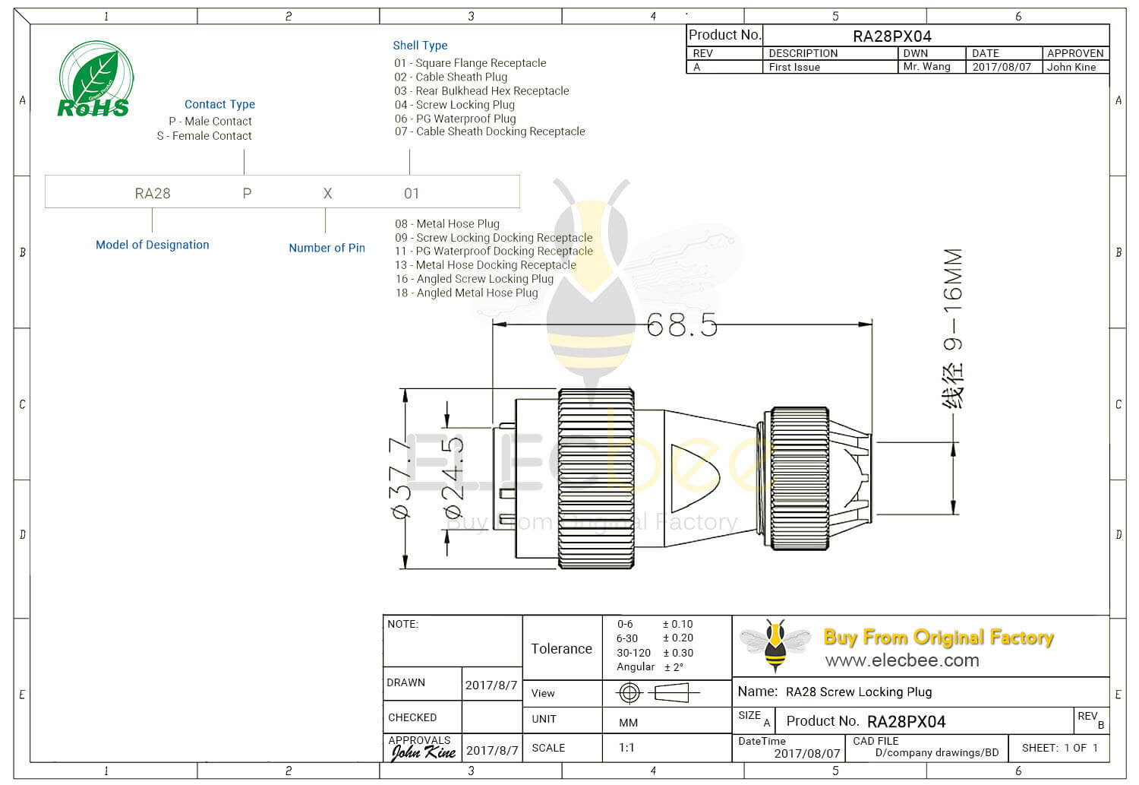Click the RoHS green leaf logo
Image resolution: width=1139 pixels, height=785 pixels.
click(95, 80)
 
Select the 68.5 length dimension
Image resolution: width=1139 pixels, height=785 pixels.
click(682, 325)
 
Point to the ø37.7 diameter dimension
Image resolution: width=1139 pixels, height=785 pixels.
click(401, 479)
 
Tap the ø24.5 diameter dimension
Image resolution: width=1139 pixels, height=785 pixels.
click(453, 479)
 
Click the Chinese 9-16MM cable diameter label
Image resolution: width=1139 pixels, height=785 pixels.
click(953, 328)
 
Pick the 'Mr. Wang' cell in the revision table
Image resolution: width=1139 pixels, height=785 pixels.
click(926, 67)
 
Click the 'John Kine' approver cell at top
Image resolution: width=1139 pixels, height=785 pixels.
click(1071, 67)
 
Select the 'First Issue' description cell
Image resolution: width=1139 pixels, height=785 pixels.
click(794, 67)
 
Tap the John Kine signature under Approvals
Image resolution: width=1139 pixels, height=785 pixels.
click(423, 752)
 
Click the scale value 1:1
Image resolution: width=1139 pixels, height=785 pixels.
click(626, 748)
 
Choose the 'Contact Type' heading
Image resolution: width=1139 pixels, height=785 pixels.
click(219, 104)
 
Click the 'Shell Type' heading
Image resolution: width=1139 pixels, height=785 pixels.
click(420, 46)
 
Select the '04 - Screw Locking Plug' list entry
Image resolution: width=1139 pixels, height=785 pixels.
click(454, 105)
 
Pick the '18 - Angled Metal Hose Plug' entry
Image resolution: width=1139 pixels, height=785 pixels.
click(466, 293)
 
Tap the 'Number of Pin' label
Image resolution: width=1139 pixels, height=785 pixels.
click(327, 248)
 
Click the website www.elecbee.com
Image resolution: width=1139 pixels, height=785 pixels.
click(902, 660)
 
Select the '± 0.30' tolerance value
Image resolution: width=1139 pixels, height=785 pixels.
click(678, 653)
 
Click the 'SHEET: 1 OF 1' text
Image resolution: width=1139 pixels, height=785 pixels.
click(1059, 748)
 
